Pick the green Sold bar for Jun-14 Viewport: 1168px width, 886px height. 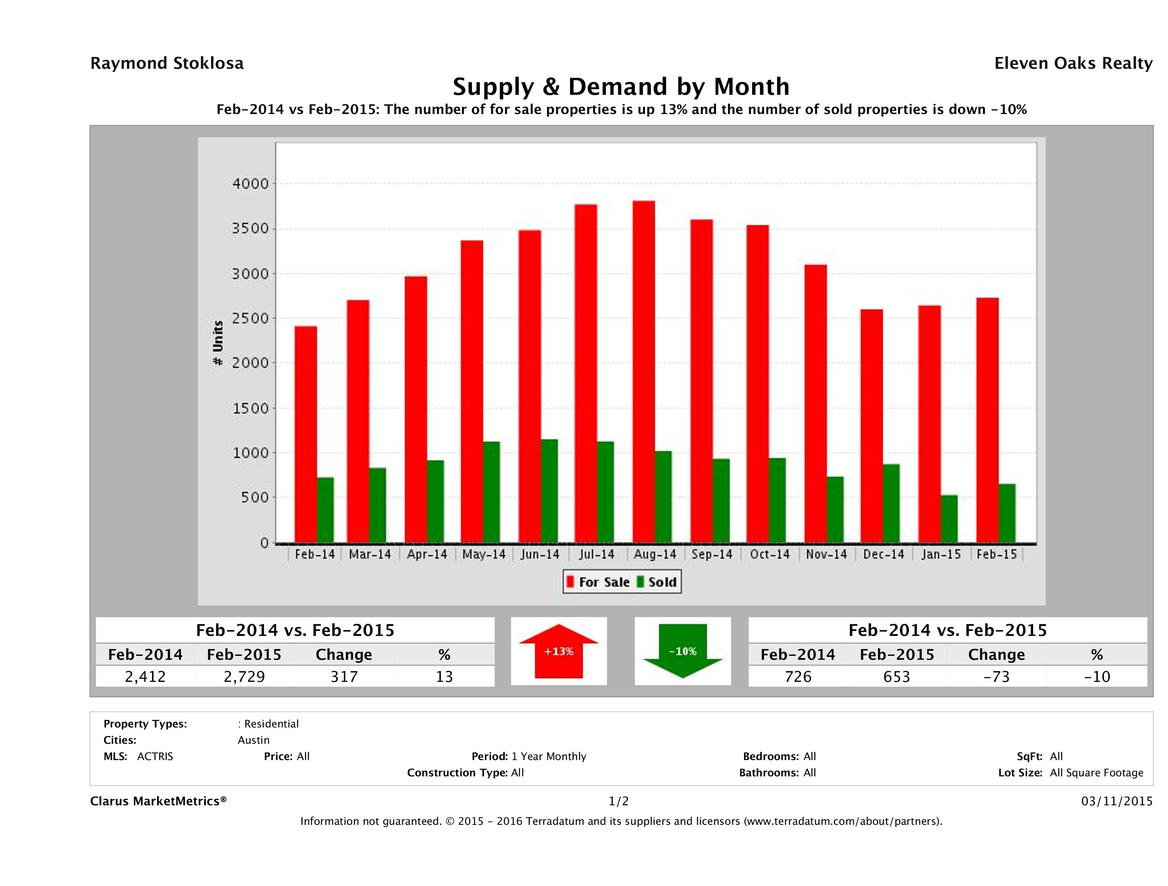point(549,491)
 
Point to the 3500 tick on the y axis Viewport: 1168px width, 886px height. point(250,229)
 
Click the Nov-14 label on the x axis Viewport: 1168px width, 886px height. point(826,554)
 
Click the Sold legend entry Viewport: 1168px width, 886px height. point(657,582)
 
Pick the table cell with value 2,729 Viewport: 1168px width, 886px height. point(244,676)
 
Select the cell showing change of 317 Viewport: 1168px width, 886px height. point(344,676)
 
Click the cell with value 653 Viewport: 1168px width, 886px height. point(897,676)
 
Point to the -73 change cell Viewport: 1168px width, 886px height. point(996,676)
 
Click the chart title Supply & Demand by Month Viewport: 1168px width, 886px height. point(621,87)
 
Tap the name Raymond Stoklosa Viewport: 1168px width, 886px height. point(167,63)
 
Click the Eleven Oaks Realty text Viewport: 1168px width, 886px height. point(1073,63)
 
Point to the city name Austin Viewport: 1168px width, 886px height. point(253,740)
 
